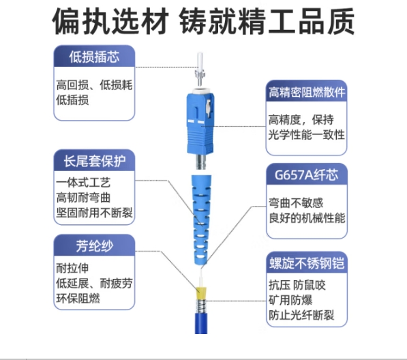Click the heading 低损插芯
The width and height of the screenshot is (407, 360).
pyautogui.click(x=94, y=57)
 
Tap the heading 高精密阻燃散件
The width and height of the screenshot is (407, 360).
pyautogui.click(x=307, y=92)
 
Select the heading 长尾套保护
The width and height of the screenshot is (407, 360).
pyautogui.click(x=95, y=161)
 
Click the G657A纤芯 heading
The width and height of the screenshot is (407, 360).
pyautogui.click(x=307, y=175)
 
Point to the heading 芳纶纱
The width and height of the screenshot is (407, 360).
pyautogui.click(x=95, y=246)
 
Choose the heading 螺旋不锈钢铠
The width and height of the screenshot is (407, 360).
pyautogui.click(x=307, y=263)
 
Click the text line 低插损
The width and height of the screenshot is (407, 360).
pyautogui.click(x=72, y=100)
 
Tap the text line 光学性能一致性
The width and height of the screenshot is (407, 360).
pyautogui.click(x=307, y=135)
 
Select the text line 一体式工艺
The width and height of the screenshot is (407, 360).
pyautogui.click(x=83, y=183)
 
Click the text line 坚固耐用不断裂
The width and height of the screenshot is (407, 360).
pyautogui.click(x=95, y=213)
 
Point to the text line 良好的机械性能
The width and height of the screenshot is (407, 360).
pyautogui.click(x=307, y=217)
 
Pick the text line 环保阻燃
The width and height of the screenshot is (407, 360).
pyautogui.click(x=78, y=298)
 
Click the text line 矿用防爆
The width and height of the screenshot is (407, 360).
pyautogui.click(x=290, y=300)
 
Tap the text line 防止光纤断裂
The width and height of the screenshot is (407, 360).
pyautogui.click(x=301, y=316)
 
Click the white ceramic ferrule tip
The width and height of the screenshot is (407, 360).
pyautogui.click(x=200, y=60)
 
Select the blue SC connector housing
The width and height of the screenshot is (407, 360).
pyautogui.click(x=200, y=123)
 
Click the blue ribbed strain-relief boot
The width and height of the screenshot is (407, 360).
pyautogui.click(x=201, y=221)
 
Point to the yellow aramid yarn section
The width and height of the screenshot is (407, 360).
pyautogui.click(x=201, y=293)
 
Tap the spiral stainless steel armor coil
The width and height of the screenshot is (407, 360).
pyautogui.click(x=201, y=306)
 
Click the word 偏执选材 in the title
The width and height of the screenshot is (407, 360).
pyautogui.click(x=110, y=21)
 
